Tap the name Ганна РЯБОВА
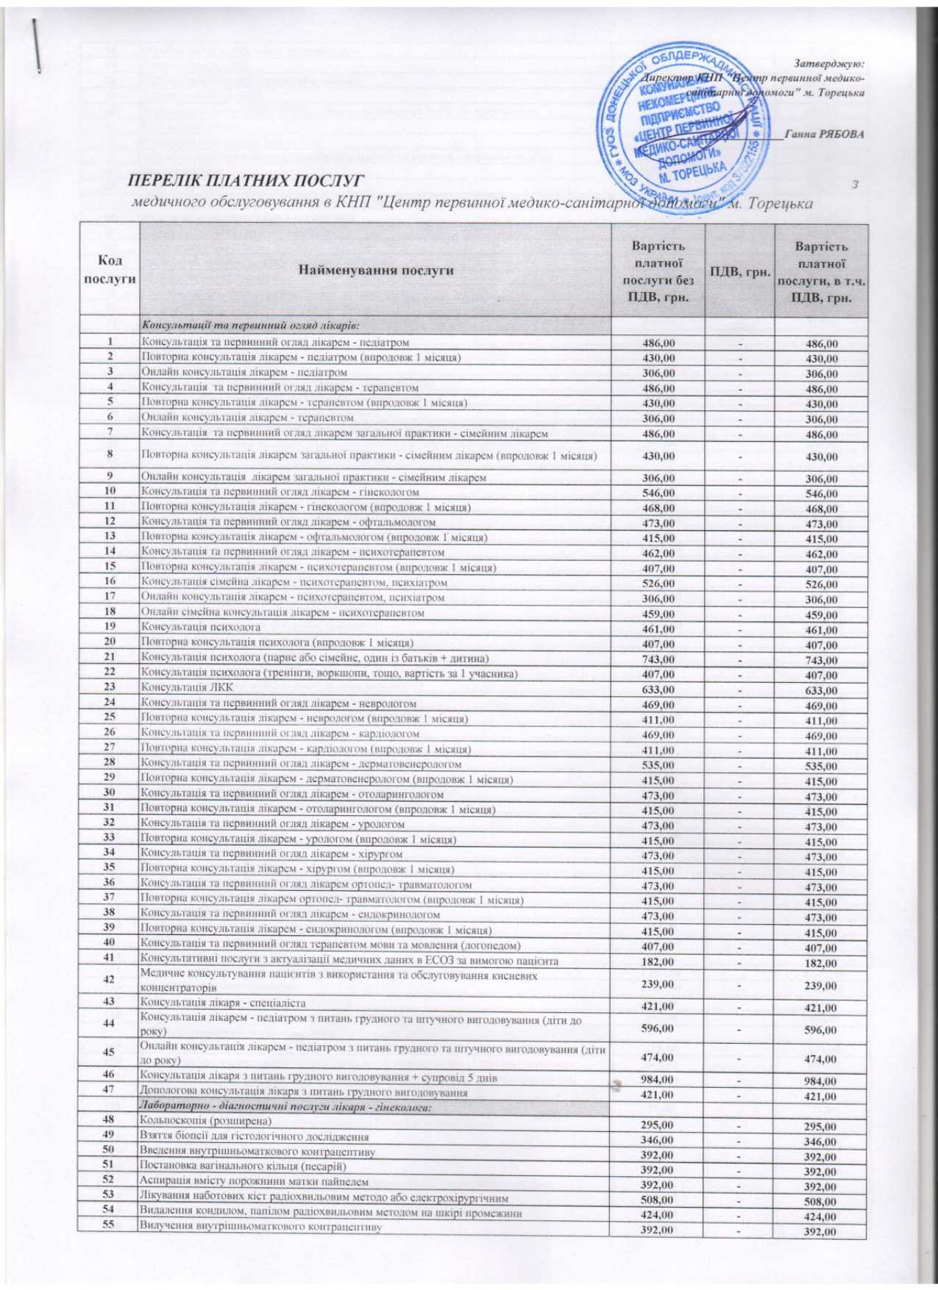[x=824, y=135]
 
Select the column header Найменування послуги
[x=375, y=270]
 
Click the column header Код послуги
[x=110, y=270]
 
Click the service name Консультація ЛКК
[x=187, y=688]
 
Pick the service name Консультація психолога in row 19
[x=201, y=628]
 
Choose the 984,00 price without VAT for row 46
[x=658, y=1079]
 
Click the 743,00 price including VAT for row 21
[x=821, y=660]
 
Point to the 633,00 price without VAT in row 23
[x=658, y=689]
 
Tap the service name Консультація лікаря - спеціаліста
[x=222, y=1003]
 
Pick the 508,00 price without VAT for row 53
[x=658, y=1200]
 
